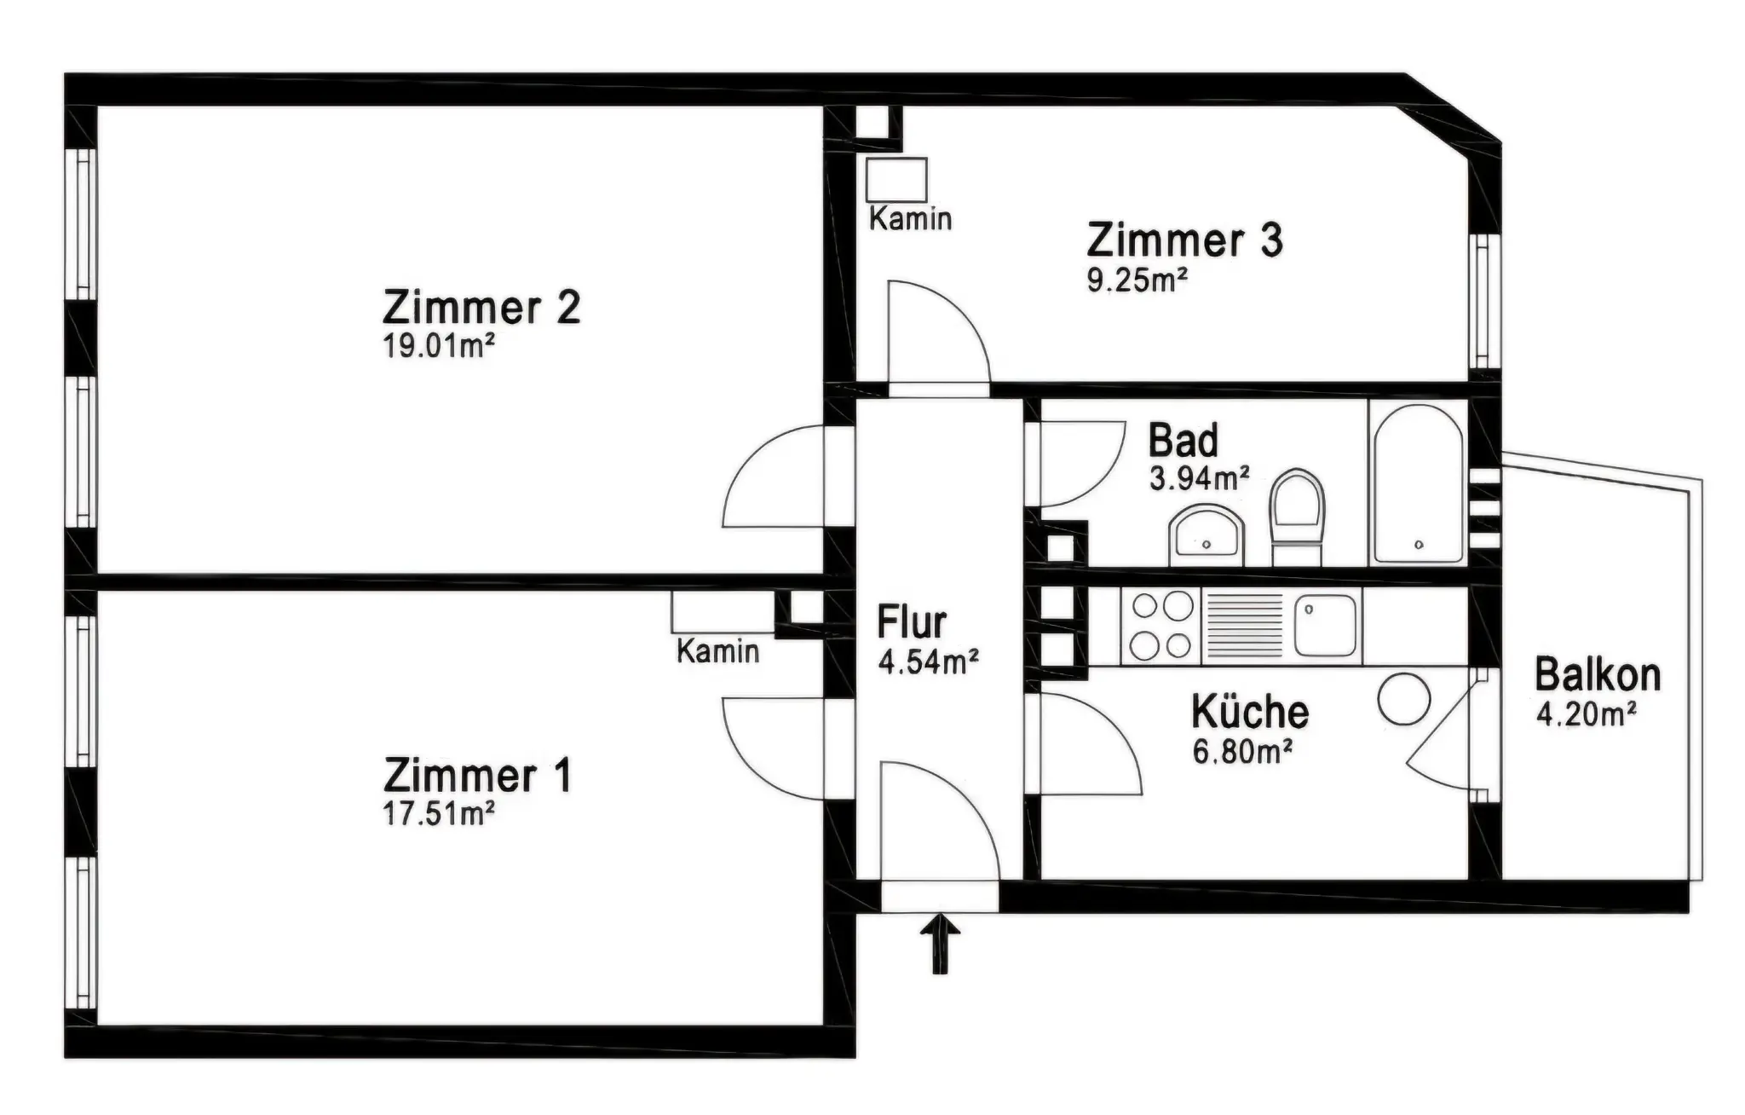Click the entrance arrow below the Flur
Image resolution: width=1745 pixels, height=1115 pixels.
pyautogui.click(x=940, y=944)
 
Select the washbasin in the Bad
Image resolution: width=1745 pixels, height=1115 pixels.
pyautogui.click(x=1207, y=535)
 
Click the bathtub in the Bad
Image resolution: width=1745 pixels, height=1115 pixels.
pyautogui.click(x=1418, y=483)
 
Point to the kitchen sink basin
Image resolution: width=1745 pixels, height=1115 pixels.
pyautogui.click(x=1325, y=625)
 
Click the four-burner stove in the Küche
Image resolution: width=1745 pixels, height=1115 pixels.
pyautogui.click(x=1162, y=626)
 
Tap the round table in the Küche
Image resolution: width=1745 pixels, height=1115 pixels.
pyautogui.click(x=1404, y=699)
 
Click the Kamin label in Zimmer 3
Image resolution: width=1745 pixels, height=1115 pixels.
pyautogui.click(x=910, y=219)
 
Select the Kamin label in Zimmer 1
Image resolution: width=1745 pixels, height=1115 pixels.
pyautogui.click(x=717, y=651)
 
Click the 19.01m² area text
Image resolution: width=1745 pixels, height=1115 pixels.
pyautogui.click(x=439, y=346)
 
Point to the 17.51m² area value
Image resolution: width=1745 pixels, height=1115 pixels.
pyautogui.click(x=439, y=813)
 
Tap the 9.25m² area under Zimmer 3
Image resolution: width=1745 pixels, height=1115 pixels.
pyautogui.click(x=1137, y=280)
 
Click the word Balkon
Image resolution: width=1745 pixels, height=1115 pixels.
pyautogui.click(x=1598, y=675)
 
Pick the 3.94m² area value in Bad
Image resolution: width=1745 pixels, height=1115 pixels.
pyautogui.click(x=1199, y=478)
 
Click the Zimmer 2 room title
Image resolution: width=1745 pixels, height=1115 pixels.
pyautogui.click(x=481, y=307)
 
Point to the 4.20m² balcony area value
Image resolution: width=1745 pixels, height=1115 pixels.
pyautogui.click(x=1586, y=713)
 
